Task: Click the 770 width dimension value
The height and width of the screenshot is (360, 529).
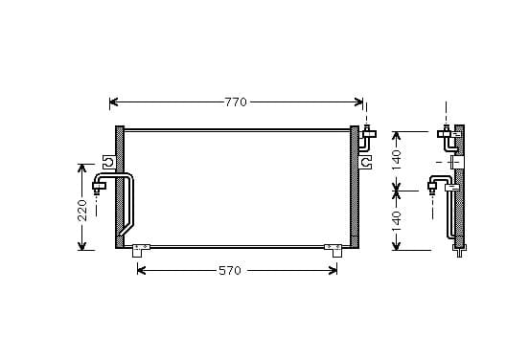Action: click(236, 101)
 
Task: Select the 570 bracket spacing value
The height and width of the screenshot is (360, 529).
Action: click(230, 270)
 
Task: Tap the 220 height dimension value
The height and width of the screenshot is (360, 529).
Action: click(82, 211)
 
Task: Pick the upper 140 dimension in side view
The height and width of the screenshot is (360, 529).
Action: click(397, 160)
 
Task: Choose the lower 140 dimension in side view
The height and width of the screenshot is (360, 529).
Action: click(397, 221)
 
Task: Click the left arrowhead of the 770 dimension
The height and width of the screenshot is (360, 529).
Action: click(114, 101)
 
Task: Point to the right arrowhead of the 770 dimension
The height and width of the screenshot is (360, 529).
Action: click(358, 101)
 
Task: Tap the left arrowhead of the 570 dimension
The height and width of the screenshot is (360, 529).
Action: click(142, 270)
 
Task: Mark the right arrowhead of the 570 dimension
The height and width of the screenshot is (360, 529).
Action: click(333, 270)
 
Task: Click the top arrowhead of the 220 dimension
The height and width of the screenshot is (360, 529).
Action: click(82, 168)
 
